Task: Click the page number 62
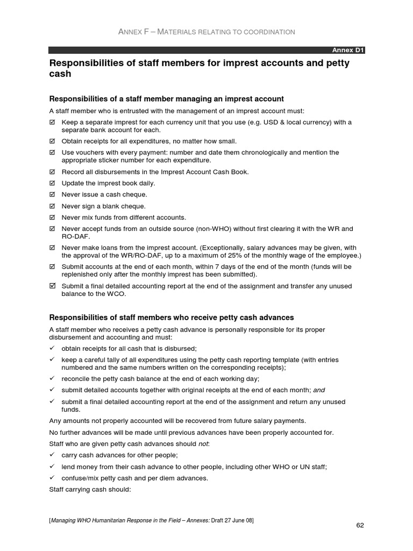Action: click(x=360, y=525)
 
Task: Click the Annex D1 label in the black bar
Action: click(x=348, y=50)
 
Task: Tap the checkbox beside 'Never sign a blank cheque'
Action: click(x=52, y=206)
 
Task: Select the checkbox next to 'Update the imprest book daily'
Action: click(x=52, y=183)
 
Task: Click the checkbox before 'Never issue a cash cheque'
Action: click(x=52, y=195)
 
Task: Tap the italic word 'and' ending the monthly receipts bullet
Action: click(x=319, y=390)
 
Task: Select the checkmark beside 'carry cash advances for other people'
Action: click(x=52, y=455)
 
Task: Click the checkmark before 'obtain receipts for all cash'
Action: click(x=52, y=349)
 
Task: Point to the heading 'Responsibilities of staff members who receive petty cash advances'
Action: click(x=172, y=317)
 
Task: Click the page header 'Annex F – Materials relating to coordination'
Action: click(x=206, y=32)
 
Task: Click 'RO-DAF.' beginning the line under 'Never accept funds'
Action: click(x=76, y=236)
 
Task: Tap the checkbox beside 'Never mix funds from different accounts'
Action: click(x=52, y=217)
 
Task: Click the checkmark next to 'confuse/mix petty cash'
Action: click(x=52, y=478)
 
